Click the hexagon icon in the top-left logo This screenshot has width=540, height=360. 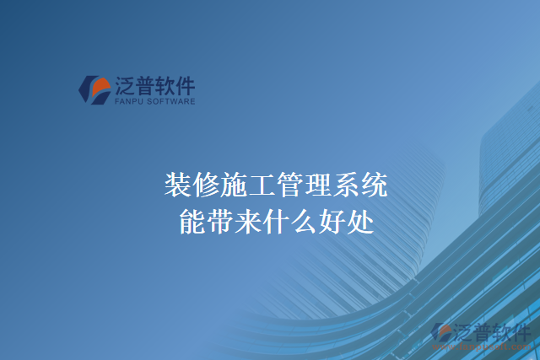tap(94, 89)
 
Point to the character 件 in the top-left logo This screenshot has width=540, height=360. tap(185, 85)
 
